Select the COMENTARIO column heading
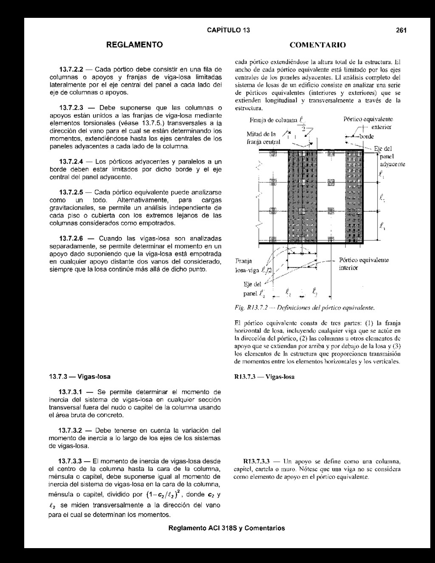coord(317,45)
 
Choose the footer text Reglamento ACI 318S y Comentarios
coord(226,529)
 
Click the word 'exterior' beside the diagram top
coord(381,127)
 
